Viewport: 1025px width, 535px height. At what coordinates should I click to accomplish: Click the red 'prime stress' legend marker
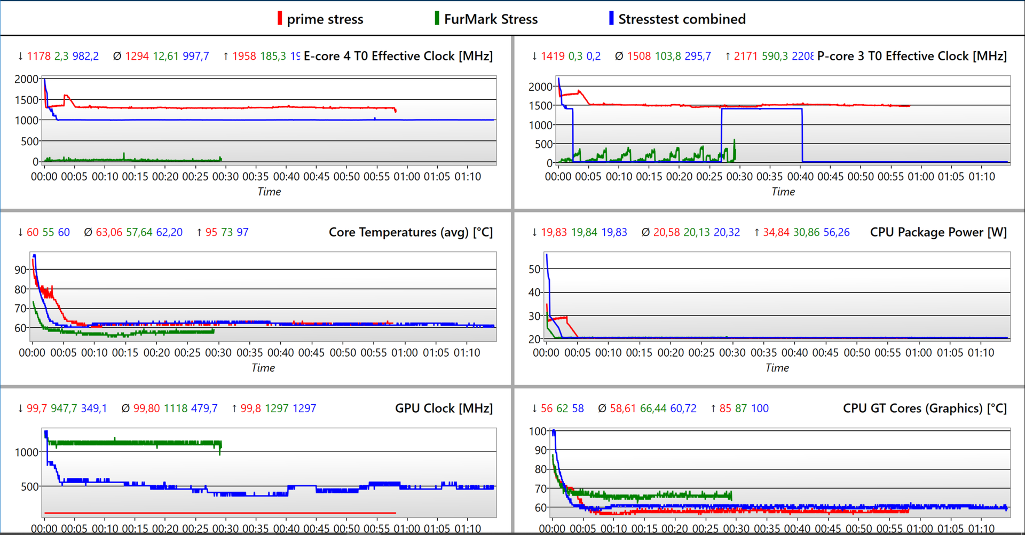tap(280, 19)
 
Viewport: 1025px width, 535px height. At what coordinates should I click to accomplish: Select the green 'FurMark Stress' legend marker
tap(437, 19)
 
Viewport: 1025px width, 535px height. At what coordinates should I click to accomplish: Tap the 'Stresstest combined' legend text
tap(682, 19)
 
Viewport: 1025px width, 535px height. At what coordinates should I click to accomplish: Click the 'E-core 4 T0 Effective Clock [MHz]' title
tap(398, 56)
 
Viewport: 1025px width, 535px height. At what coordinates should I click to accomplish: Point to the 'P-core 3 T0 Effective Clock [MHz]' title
tap(912, 56)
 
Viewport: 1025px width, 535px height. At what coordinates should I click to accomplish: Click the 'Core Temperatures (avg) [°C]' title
tap(411, 232)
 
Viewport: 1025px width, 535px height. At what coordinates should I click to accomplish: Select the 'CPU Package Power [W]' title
tap(938, 232)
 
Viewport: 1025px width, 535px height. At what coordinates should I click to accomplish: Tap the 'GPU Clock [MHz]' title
tap(444, 408)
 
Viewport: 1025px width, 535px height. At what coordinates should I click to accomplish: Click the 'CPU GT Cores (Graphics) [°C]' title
tap(925, 408)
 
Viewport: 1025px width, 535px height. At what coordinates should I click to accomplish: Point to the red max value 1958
tap(244, 56)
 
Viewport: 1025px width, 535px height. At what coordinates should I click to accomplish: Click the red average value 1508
tap(638, 56)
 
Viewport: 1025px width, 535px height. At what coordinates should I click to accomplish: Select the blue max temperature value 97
tap(242, 232)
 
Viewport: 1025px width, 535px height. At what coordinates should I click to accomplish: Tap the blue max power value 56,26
tap(837, 232)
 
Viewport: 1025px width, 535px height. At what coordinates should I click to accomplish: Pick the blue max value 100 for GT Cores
tap(760, 408)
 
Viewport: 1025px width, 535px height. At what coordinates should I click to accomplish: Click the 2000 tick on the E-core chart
tap(26, 80)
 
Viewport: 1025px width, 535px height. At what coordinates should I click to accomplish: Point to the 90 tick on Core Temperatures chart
tap(20, 270)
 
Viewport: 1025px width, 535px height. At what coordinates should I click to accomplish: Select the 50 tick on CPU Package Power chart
tap(534, 269)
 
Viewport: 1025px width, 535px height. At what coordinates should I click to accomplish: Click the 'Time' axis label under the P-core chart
tap(783, 192)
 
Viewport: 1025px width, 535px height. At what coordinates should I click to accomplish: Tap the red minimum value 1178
tap(38, 56)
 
